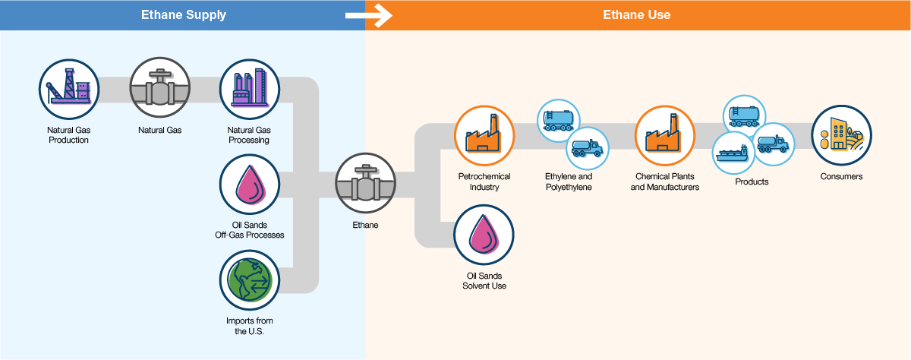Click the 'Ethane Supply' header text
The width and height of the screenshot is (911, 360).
click(x=182, y=14)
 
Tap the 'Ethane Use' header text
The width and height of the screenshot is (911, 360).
click(x=637, y=14)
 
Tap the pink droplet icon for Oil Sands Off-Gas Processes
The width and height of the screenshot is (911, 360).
click(x=250, y=185)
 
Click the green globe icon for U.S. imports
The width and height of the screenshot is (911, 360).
click(x=250, y=280)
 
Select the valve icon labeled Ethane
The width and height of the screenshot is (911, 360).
click(x=365, y=185)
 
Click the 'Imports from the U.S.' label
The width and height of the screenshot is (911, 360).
click(x=249, y=326)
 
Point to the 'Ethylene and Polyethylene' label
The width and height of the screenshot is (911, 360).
click(x=569, y=182)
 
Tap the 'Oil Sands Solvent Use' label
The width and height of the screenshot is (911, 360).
click(x=484, y=280)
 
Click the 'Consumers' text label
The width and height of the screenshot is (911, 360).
click(x=841, y=177)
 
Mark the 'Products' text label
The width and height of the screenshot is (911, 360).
click(x=752, y=182)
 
